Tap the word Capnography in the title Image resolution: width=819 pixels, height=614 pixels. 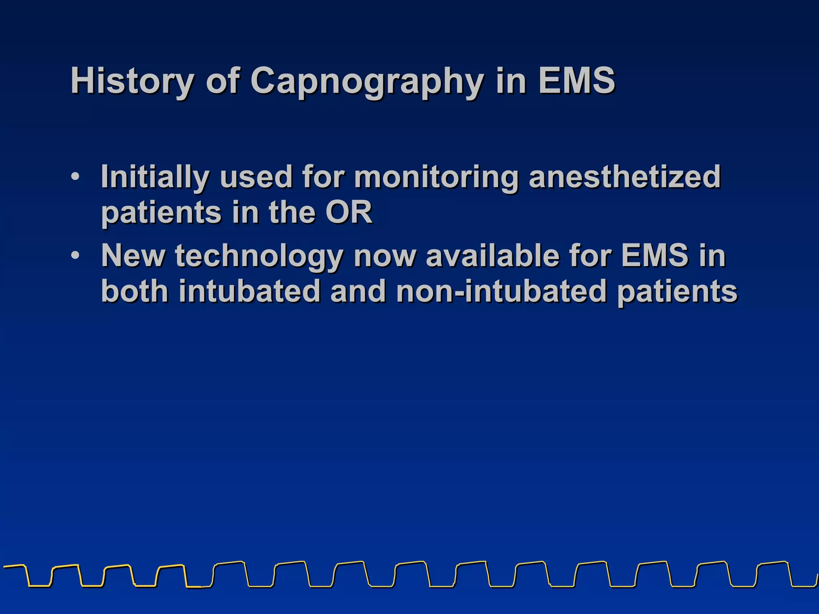click(367, 81)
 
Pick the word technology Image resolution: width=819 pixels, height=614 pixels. click(259, 255)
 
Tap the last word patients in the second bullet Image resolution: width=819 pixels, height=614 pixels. click(677, 291)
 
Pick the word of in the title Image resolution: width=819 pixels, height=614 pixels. click(223, 81)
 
